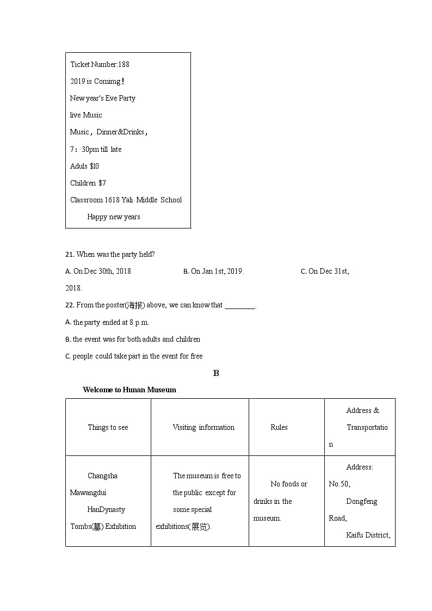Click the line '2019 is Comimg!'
(97, 81)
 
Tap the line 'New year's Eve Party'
(102, 98)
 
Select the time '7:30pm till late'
(96, 149)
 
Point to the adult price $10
(94, 166)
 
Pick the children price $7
(102, 183)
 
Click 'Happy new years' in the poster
(113, 217)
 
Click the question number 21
(69, 254)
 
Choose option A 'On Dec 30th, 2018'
(98, 271)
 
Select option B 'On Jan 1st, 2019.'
(213, 271)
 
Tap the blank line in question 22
(239, 306)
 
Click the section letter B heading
(216, 373)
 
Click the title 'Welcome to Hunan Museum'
(129, 390)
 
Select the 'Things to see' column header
(108, 427)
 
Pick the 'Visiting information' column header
(203, 427)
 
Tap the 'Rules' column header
(279, 427)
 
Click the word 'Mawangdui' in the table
(88, 492)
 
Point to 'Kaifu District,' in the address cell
(368, 535)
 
